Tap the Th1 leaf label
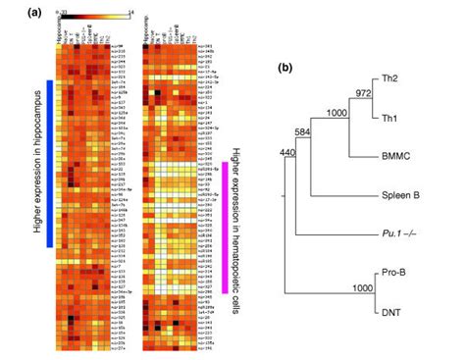tap(416, 116)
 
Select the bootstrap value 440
tap(286, 152)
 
